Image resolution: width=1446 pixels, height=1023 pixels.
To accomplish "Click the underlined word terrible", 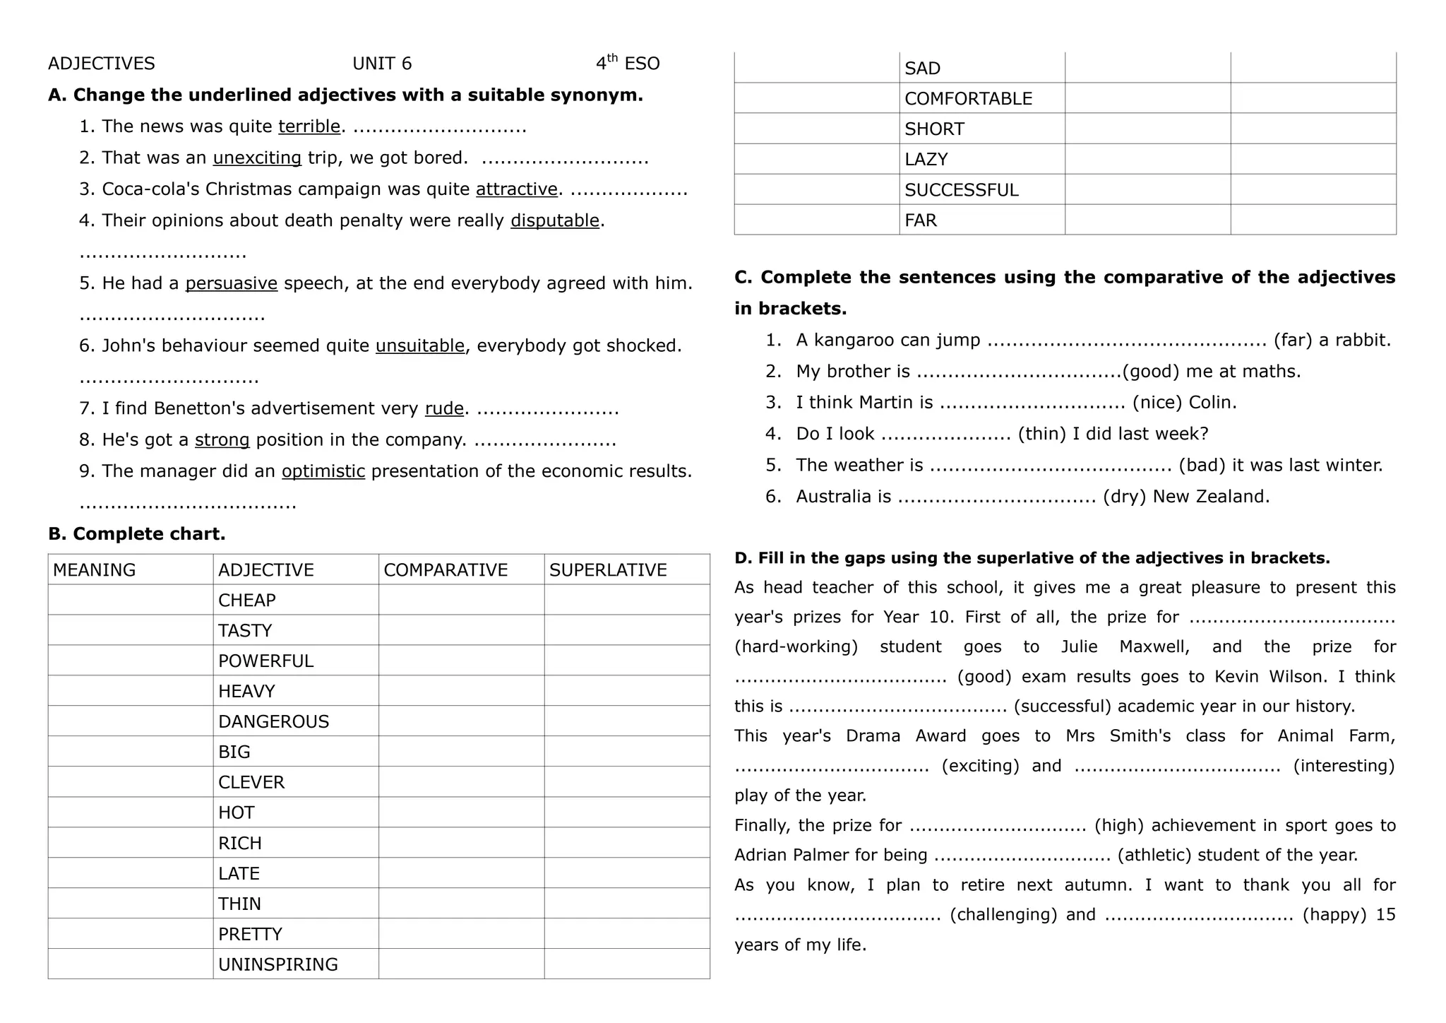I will (x=309, y=126).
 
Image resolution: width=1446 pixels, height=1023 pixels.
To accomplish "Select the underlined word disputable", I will (x=555, y=220).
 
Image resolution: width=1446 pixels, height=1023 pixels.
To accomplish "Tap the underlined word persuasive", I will (x=231, y=283).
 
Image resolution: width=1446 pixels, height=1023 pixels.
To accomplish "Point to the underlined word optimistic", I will (x=323, y=471).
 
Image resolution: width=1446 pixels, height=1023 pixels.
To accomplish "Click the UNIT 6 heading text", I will (x=382, y=64).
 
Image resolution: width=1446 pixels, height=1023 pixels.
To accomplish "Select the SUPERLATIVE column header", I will (x=608, y=570).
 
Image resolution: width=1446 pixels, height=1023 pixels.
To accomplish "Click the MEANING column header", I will (x=94, y=570).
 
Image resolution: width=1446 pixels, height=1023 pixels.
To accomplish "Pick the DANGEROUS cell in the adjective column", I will (x=273, y=721).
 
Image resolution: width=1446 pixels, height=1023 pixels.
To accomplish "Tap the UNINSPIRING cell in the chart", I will (x=277, y=964).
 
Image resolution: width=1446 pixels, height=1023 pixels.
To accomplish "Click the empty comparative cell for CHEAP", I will (x=461, y=600).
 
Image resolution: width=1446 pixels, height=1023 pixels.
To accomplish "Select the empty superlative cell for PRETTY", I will (x=626, y=934).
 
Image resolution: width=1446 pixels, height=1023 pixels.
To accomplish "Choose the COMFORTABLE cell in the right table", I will (x=968, y=99).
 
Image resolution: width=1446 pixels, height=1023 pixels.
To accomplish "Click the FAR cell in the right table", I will (x=921, y=220).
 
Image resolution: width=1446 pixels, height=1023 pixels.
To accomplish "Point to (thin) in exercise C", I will (x=1041, y=434).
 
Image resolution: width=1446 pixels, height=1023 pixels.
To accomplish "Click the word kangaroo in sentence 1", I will (x=855, y=341).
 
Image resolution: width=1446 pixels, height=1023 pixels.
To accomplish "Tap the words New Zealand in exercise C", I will (x=1211, y=497).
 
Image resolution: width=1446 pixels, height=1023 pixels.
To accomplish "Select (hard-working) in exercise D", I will (x=796, y=647).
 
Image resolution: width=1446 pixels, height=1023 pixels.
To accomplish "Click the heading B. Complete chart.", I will (x=137, y=534).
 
